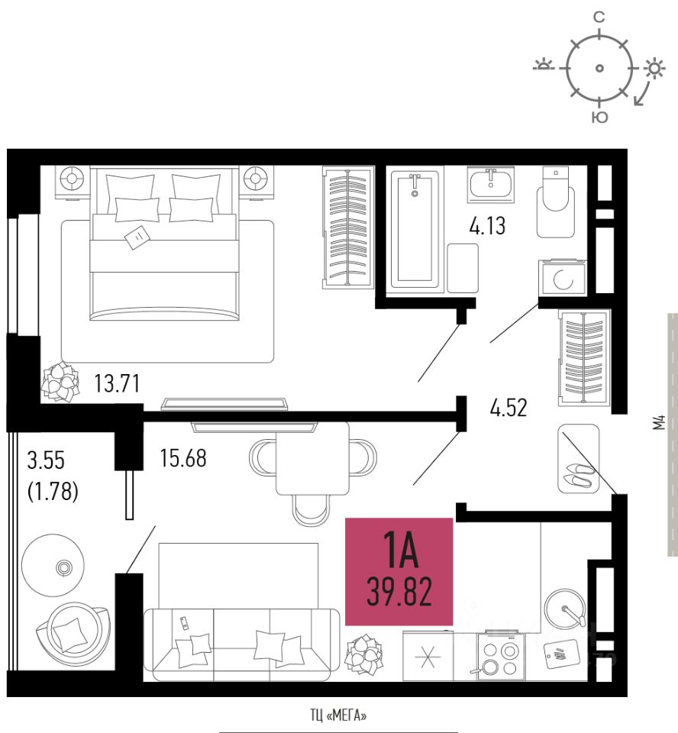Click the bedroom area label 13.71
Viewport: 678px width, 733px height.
point(117,383)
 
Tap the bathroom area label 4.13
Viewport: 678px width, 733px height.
point(486,226)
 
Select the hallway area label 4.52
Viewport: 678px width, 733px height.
point(508,408)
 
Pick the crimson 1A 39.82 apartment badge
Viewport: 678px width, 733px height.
point(399,571)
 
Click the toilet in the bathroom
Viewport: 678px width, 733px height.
point(554,199)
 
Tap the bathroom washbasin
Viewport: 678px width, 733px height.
point(491,185)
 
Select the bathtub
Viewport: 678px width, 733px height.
point(416,229)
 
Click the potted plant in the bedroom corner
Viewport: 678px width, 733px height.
point(60,380)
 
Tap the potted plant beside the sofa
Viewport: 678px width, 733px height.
point(363,654)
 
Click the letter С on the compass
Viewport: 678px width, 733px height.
point(599,16)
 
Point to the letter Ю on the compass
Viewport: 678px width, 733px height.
point(600,118)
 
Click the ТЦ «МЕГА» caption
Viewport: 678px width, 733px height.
point(338,716)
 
